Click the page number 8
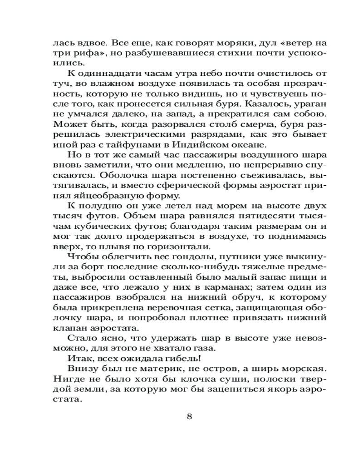tap(189, 417)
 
